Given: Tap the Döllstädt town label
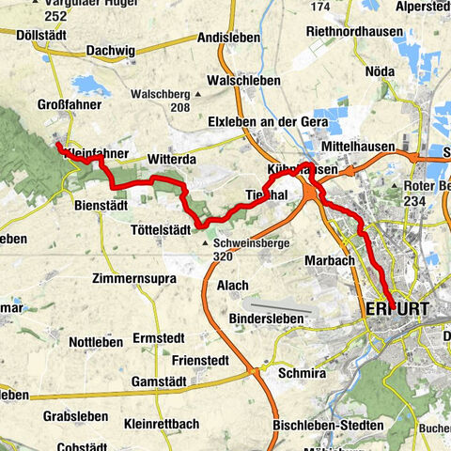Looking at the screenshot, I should [44, 36].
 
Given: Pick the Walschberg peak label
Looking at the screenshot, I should [160, 94].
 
